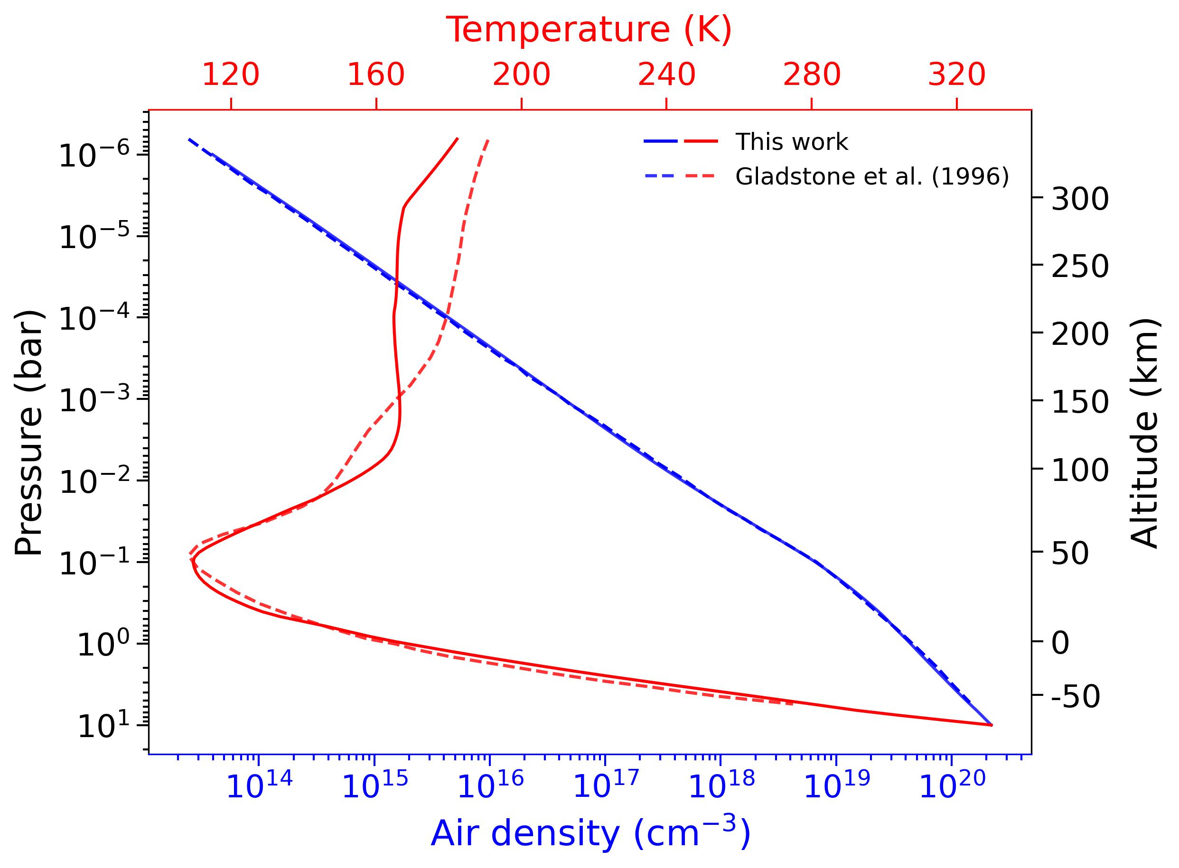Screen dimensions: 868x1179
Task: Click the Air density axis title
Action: click(x=590, y=833)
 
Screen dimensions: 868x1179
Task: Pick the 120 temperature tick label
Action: click(x=230, y=74)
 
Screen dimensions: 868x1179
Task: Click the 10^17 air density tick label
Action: click(x=605, y=788)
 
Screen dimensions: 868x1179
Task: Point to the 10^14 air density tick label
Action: click(x=259, y=788)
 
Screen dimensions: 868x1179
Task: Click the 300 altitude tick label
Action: click(x=1080, y=200)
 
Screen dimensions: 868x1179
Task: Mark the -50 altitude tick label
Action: click(x=1076, y=697)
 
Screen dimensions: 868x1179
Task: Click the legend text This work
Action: click(x=791, y=142)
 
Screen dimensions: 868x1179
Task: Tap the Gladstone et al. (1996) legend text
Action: click(x=871, y=176)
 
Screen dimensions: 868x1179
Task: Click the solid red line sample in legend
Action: click(x=701, y=141)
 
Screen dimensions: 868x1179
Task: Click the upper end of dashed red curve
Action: click(x=488, y=140)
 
